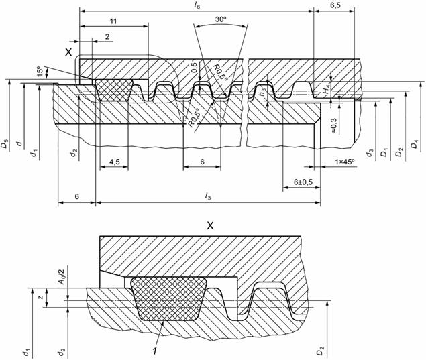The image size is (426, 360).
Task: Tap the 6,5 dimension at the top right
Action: pyautogui.click(x=339, y=5)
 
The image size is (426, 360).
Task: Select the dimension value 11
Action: pyautogui.click(x=113, y=21)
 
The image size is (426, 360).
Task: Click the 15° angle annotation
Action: pyautogui.click(x=40, y=70)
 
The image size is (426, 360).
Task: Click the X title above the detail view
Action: pyautogui.click(x=209, y=226)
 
